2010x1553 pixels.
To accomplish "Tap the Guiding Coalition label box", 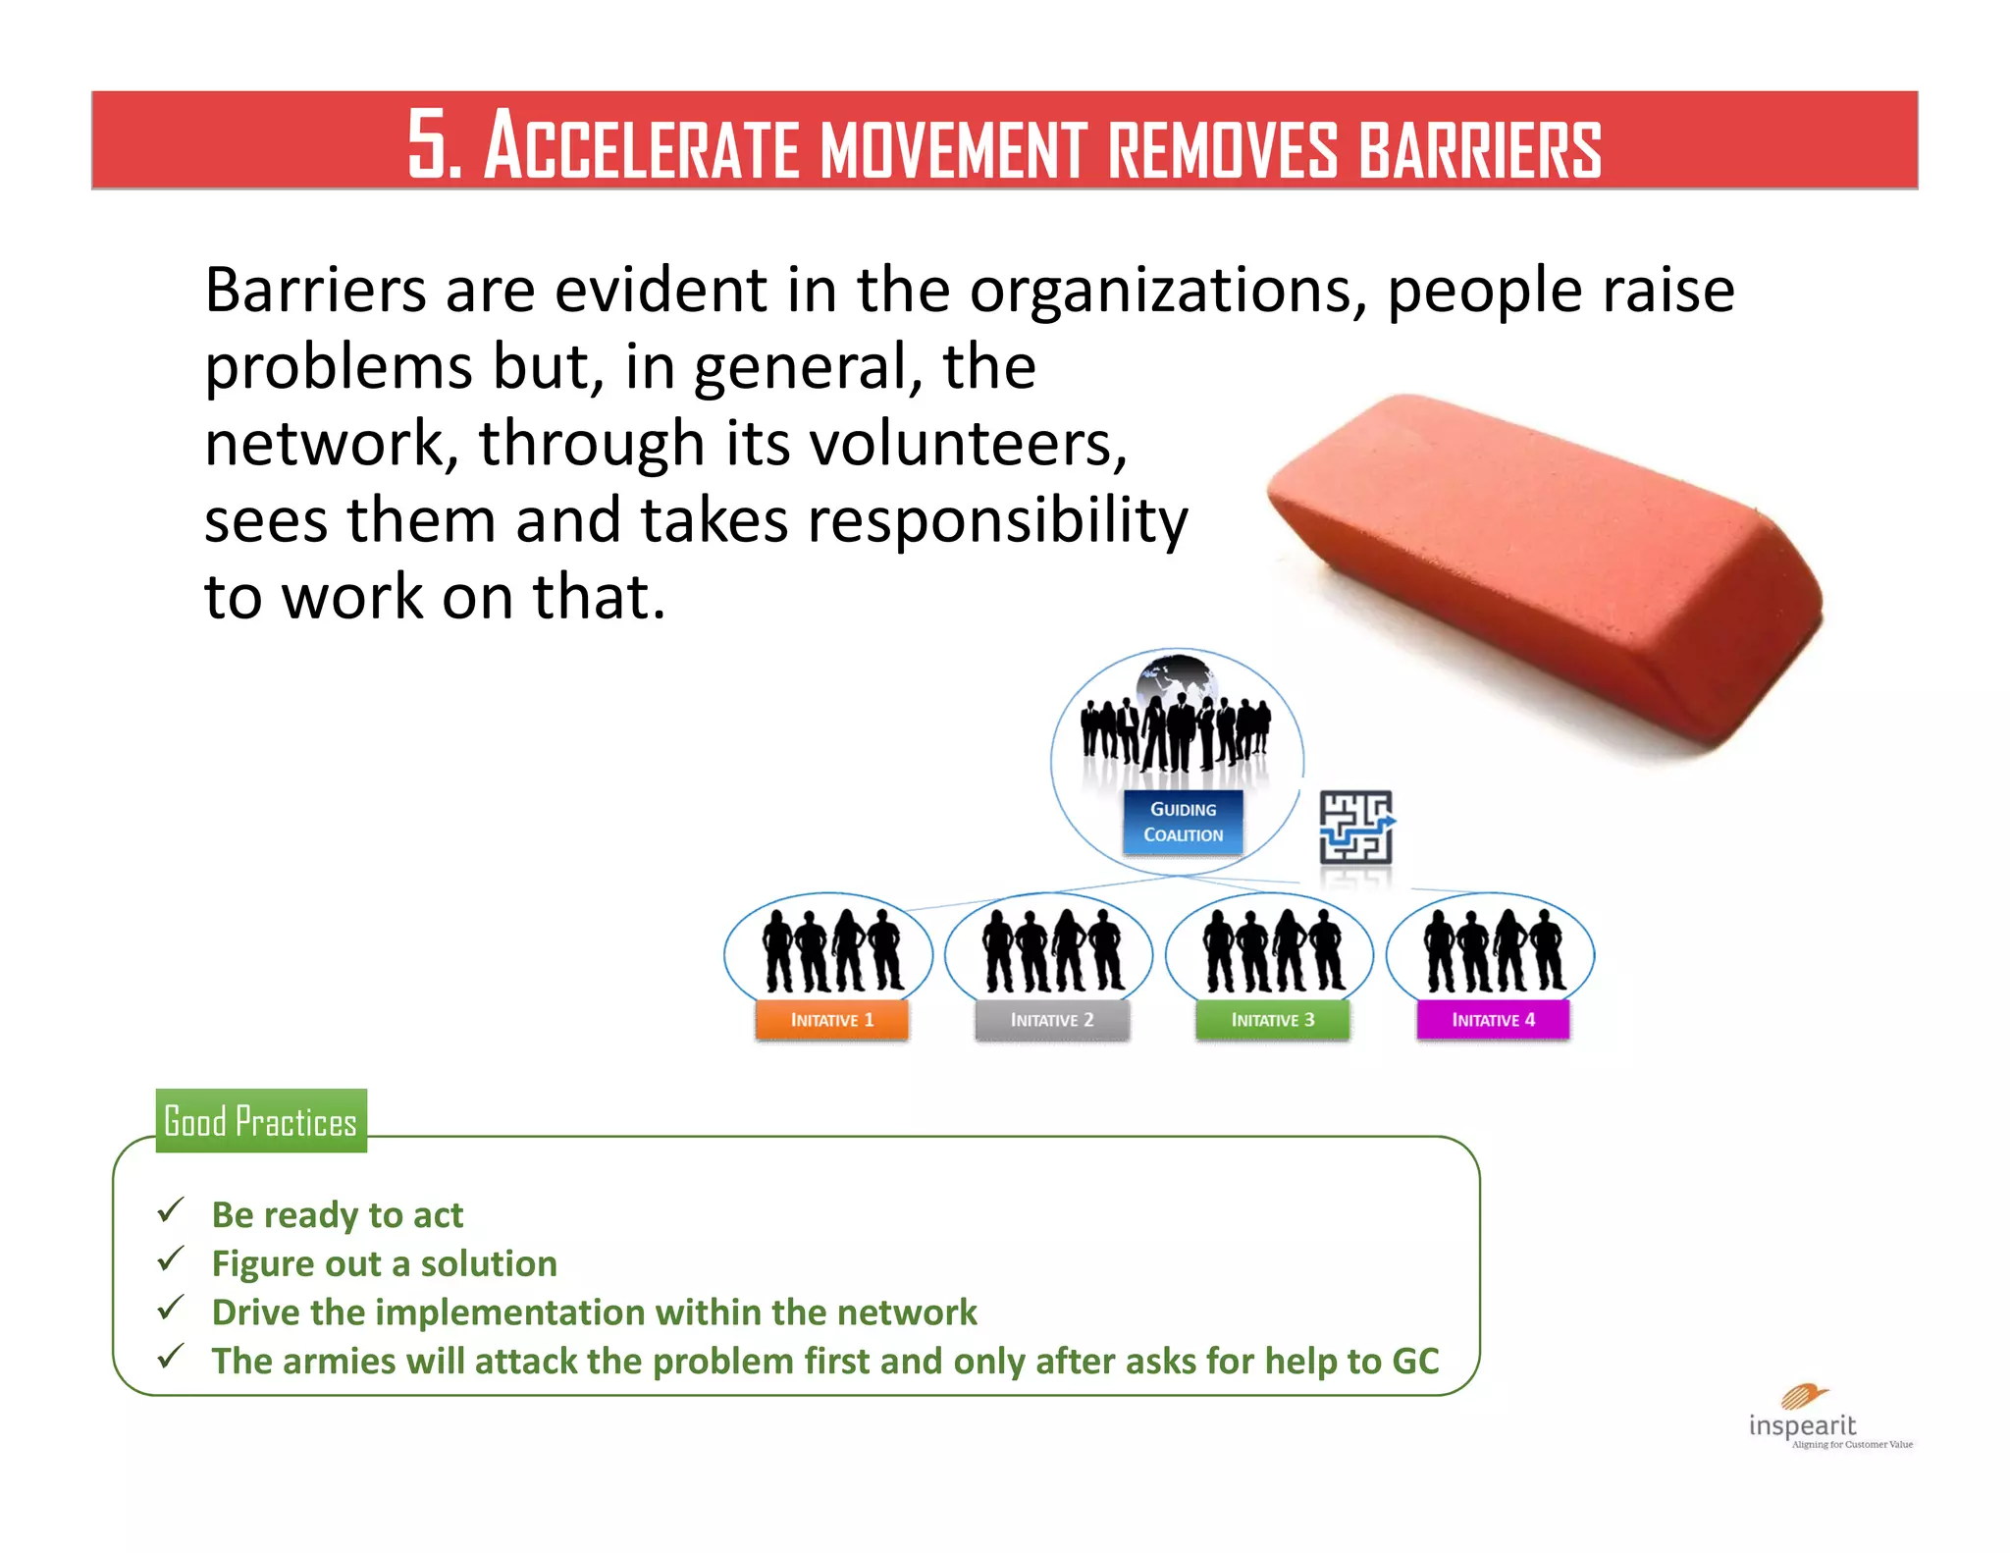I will [x=1183, y=822].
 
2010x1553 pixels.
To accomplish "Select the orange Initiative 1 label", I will [x=832, y=1020].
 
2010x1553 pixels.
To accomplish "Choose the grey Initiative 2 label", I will [x=1052, y=1020].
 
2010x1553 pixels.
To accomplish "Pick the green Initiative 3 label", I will [x=1273, y=1020].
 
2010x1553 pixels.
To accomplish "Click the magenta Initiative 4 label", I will [x=1493, y=1020].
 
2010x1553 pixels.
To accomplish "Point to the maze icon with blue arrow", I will [x=1355, y=827].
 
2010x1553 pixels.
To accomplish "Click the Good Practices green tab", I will [x=261, y=1121].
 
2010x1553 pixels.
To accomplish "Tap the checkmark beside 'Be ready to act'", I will [x=171, y=1210].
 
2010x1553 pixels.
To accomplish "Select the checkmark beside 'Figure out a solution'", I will [x=171, y=1258].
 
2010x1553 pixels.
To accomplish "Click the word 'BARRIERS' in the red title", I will [x=1480, y=149].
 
